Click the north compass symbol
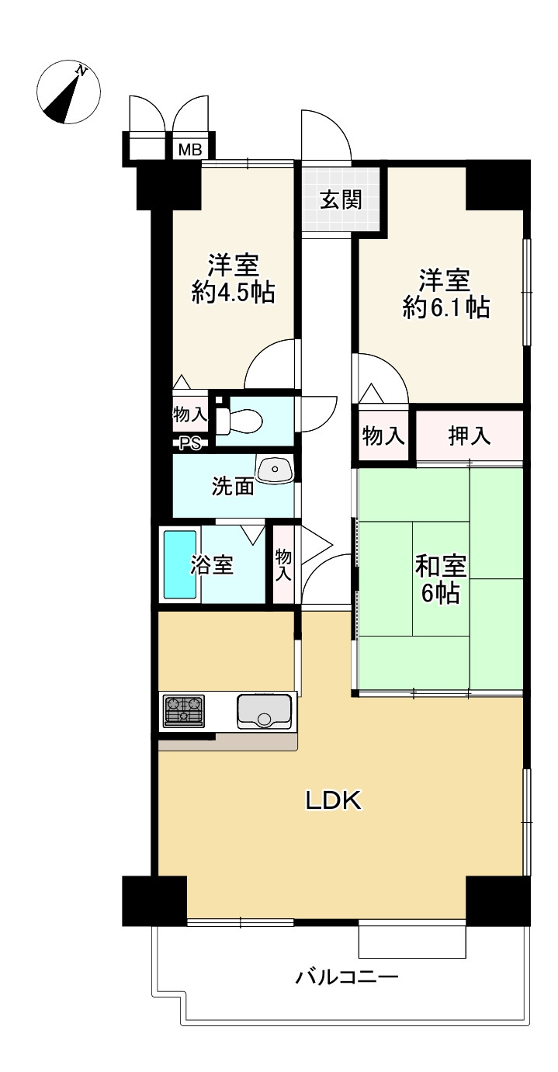click(69, 92)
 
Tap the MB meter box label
click(190, 150)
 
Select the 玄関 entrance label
click(340, 199)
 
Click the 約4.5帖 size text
click(233, 292)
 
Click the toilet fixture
click(238, 422)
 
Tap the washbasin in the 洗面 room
click(275, 469)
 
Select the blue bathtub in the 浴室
click(180, 564)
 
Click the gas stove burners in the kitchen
click(184, 710)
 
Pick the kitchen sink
click(264, 711)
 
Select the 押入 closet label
click(470, 435)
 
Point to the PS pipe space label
click(190, 444)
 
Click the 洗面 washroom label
click(233, 486)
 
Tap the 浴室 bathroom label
click(212, 564)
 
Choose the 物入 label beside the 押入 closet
click(383, 436)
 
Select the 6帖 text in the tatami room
click(440, 593)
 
